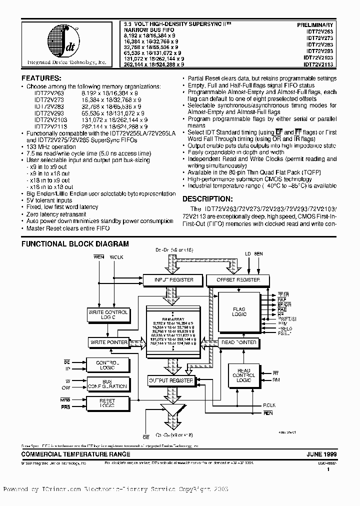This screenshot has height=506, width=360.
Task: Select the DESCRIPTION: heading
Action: (x=209, y=198)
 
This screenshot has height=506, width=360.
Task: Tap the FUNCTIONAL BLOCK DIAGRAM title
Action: (x=75, y=244)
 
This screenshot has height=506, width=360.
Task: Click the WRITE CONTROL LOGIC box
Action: (x=108, y=314)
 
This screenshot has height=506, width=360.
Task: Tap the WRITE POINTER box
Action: (x=108, y=342)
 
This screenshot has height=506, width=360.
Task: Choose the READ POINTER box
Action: (x=238, y=342)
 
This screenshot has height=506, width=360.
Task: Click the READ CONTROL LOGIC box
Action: (x=243, y=375)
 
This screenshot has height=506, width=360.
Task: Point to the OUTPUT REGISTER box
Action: (x=171, y=381)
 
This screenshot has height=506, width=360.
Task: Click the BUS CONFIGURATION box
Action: (x=107, y=383)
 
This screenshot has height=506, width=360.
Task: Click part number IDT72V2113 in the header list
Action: (x=317, y=64)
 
